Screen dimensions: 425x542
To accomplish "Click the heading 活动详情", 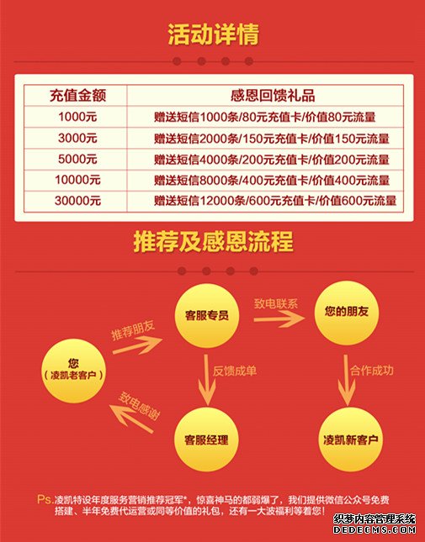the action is pos(213,34).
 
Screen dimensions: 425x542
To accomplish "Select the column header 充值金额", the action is pos(77,96).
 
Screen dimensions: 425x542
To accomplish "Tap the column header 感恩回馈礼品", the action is pos(273,96).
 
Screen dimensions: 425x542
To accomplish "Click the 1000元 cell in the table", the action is pos(77,117).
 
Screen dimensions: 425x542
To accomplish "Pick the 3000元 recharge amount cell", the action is pos(77,138).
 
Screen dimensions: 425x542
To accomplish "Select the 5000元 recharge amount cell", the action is pos(77,159).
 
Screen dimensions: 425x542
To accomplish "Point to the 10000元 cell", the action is pos(77,180).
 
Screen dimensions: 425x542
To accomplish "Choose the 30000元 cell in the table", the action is pos(77,201).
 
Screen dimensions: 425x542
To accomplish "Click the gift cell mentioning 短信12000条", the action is pos(275,201).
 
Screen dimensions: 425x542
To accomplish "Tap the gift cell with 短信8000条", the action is pos(272,180).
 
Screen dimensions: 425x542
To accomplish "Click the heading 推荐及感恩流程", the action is pos(213,242).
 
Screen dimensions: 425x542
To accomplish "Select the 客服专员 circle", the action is pos(207,315).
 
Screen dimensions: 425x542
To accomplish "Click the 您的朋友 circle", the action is pos(346,313).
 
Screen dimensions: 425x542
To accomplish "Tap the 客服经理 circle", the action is pos(206,439).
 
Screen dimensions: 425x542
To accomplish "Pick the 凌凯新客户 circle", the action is pos(350,439).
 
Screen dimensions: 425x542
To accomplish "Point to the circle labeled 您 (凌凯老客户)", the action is pos(73,371).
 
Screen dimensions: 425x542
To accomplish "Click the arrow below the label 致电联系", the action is pos(279,319).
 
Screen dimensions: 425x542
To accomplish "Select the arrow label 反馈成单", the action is pos(235,371).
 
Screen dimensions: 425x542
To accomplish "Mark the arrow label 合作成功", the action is pos(372,371).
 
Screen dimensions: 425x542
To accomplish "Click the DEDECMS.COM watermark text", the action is pos(375,529).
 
